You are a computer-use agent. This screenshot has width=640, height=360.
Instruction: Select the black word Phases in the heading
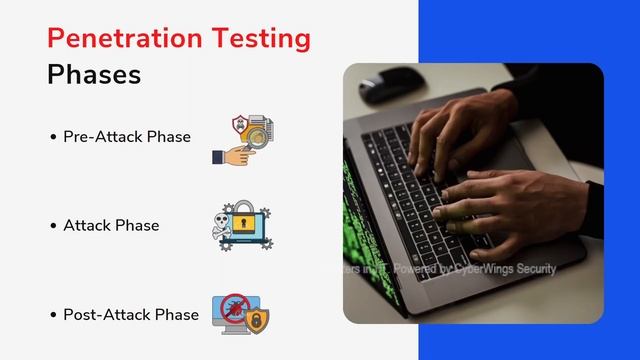click(94, 75)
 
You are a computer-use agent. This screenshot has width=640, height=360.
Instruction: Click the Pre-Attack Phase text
click(126, 136)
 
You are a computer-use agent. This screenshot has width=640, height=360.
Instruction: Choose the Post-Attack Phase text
click(130, 314)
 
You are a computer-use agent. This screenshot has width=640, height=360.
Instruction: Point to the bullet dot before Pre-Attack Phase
click(52, 137)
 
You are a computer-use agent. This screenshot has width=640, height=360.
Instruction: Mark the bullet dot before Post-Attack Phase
click(52, 315)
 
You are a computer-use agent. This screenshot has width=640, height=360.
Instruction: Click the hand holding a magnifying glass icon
click(231, 153)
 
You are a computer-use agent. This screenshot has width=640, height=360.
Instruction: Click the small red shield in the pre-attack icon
click(238, 124)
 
